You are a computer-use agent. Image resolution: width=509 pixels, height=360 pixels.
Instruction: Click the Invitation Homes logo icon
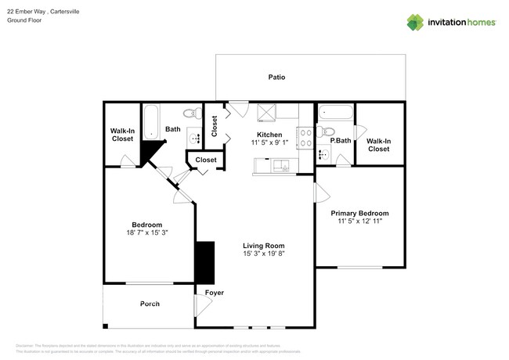point(415,22)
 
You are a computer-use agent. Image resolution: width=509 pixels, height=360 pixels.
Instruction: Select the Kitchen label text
point(269,135)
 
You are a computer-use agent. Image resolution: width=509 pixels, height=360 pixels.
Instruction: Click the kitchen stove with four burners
point(305,139)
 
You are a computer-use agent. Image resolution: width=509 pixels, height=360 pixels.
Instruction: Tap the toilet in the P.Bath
point(329,130)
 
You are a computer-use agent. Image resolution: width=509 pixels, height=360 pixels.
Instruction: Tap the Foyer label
point(214,293)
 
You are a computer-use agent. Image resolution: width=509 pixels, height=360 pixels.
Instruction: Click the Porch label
point(150,304)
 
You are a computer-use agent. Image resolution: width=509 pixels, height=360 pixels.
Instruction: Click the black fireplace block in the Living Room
point(204,263)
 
